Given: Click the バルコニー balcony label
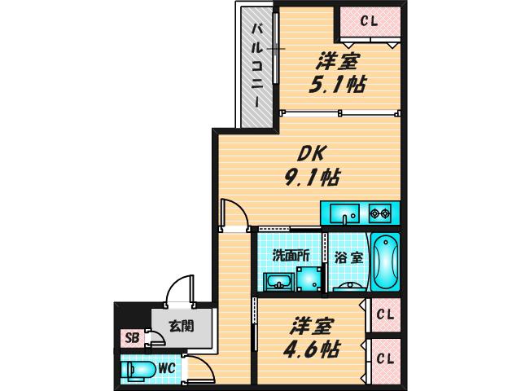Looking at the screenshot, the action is coord(257,65).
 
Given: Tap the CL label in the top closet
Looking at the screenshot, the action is coord(370,22).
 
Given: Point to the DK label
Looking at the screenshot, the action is coord(309,154).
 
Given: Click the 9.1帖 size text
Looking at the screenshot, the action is coord(311,177).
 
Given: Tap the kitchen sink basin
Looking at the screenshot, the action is coord(344,213).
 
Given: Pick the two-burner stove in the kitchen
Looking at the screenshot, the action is coord(380,213).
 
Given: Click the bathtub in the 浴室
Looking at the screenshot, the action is coord(385,261).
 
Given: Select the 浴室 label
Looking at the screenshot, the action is coord(348,257).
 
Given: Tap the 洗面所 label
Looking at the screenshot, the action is coord(291,255).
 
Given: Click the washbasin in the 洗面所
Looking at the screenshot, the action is coord(278,282).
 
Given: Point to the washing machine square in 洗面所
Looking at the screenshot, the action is coord(309,279).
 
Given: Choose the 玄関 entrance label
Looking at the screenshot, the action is coord(181,326).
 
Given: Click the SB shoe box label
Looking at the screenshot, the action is coord(132,338).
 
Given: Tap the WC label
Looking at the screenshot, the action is coord(166,368).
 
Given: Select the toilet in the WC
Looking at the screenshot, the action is coord(138,369).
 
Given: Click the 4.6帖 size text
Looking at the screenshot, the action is coord(311,349).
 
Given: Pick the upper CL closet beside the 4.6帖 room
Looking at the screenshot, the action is coord(385,315).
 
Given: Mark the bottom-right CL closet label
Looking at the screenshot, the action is coord(385,358).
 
